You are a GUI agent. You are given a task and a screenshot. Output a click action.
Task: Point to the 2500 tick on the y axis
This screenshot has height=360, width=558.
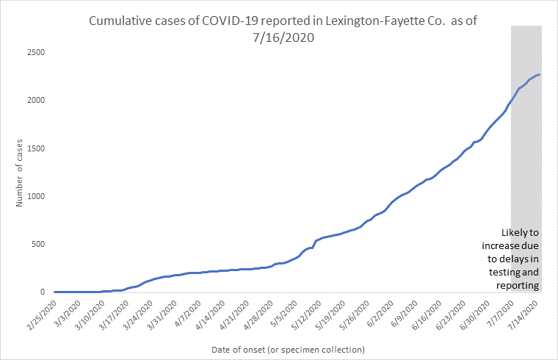coord(35,53)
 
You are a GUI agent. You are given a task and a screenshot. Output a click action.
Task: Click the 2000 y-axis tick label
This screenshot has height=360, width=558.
coord(35,101)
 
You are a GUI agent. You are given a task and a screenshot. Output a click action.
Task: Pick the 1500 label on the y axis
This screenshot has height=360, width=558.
coord(35,148)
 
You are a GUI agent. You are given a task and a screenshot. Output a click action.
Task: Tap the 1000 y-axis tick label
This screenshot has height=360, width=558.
coord(35,196)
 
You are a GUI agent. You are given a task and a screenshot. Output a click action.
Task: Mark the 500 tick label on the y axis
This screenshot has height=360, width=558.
coord(38,244)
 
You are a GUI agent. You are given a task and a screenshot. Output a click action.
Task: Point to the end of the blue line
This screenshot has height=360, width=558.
coord(540,74)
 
